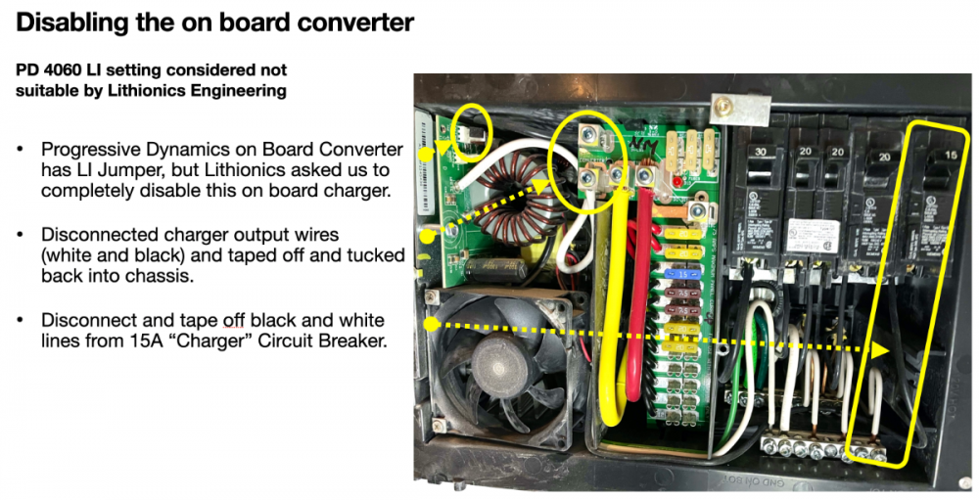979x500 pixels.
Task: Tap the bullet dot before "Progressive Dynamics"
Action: click(21, 150)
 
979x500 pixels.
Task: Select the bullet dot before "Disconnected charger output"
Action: click(21, 235)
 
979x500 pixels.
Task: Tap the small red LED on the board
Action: click(675, 182)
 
